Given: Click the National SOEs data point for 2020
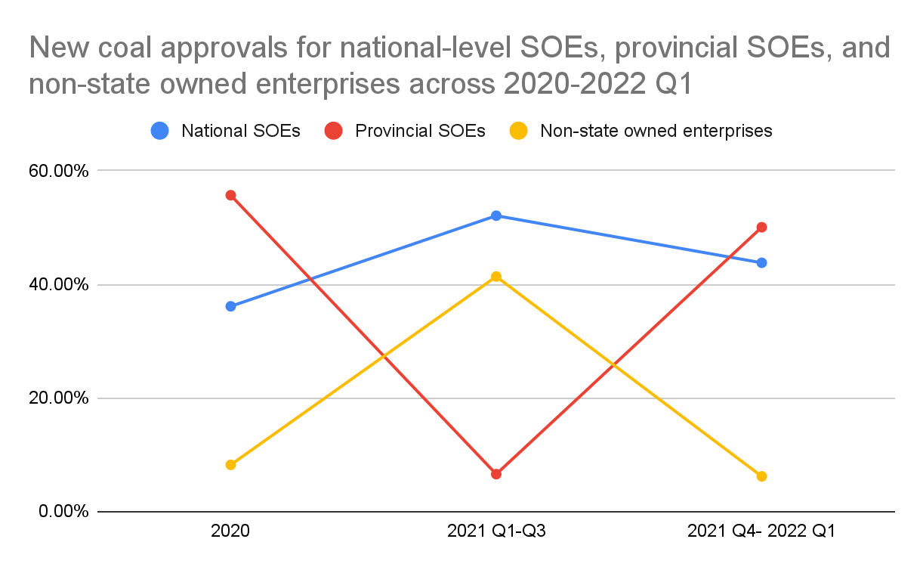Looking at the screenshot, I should coord(230,306).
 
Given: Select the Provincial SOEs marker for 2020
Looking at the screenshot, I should coord(230,195).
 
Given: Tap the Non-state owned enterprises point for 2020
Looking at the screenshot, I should coord(230,465).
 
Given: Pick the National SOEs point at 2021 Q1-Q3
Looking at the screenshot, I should coord(496,215).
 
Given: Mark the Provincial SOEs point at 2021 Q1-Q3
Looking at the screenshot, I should coord(496,474).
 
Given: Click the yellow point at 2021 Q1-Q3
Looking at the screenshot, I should coord(496,277).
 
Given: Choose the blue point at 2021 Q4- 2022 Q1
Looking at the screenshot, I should coord(761,262).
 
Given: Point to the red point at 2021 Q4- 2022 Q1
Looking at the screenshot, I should coord(761,228).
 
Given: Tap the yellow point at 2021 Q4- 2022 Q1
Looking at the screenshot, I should coord(761,476).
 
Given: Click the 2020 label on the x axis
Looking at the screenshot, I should coord(230,531).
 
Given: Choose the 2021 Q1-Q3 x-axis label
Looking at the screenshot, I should coord(496,531).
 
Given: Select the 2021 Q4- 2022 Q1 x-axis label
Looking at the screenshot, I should coord(761,531).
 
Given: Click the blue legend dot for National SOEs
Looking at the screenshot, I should coord(159,131).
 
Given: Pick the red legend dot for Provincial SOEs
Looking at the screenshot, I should coord(334,131).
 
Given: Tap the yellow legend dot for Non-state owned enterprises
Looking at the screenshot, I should coord(519,131).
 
